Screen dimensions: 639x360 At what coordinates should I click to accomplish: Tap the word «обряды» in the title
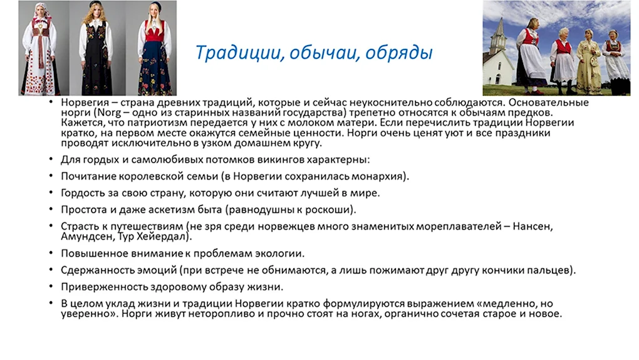(398, 53)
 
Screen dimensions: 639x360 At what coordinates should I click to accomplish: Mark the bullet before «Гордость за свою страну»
(51, 192)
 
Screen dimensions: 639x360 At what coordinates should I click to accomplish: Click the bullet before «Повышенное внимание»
(51, 253)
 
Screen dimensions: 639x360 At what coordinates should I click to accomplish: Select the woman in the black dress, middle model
(96, 48)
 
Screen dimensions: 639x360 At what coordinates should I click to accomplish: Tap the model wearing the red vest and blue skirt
(155, 49)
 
